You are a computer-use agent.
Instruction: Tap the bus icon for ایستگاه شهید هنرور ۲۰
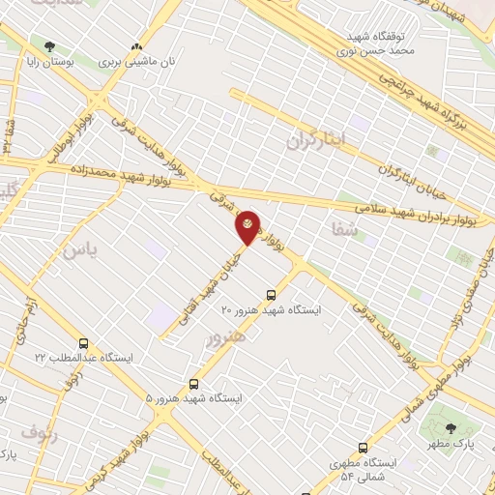point(271,295)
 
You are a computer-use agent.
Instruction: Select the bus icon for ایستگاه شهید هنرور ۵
point(194,384)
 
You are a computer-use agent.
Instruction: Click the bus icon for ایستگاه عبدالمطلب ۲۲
point(83,343)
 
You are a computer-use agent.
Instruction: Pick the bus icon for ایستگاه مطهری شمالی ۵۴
point(363,448)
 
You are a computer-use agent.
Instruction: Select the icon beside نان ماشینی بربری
point(137,45)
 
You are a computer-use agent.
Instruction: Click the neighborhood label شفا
point(343,229)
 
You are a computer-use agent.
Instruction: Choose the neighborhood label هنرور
point(225,337)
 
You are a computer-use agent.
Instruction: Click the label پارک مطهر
point(450,446)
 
